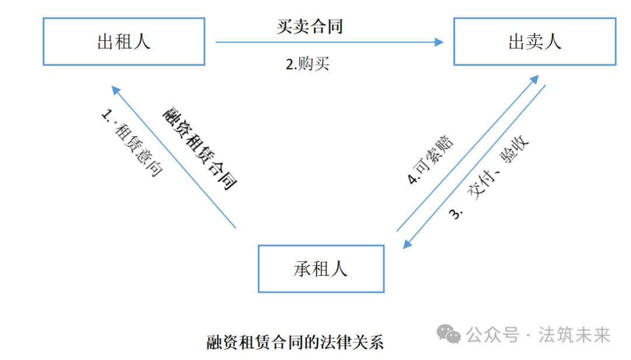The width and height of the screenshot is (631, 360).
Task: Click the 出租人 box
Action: tap(123, 41)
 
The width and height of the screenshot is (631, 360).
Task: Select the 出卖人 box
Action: tap(535, 41)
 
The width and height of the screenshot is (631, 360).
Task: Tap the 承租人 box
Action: tap(321, 269)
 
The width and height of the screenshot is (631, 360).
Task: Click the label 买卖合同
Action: tap(309, 26)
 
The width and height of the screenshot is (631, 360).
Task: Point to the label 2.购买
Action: tap(307, 64)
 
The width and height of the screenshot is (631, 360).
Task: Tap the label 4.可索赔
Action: tap(431, 161)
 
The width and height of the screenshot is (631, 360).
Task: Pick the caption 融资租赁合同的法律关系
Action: tap(295, 342)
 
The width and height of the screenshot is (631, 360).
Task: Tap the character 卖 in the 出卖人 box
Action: tap(535, 41)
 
